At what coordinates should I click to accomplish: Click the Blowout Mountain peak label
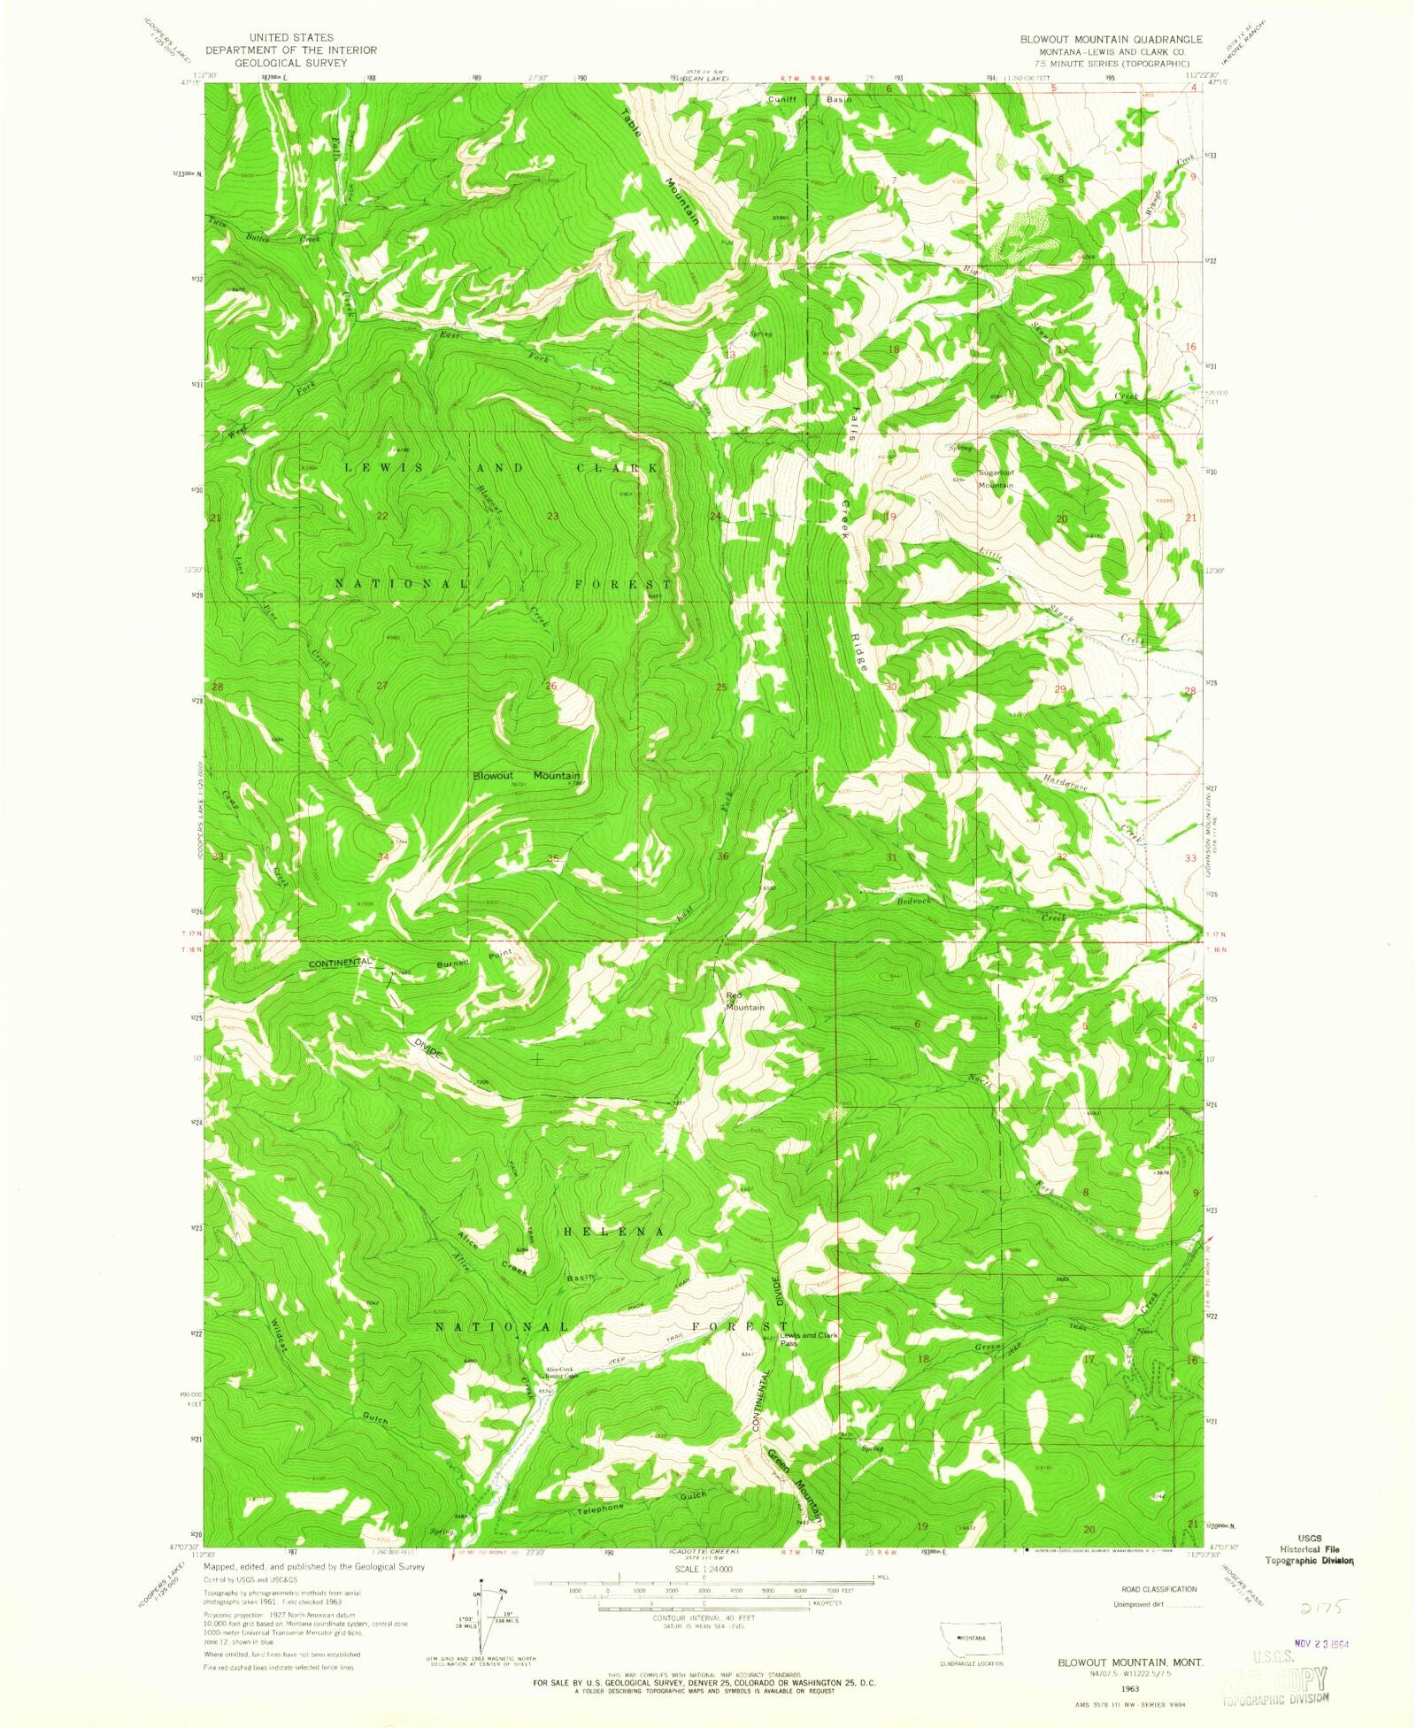click(526, 775)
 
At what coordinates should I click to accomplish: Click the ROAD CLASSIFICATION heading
click(1158, 1589)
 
